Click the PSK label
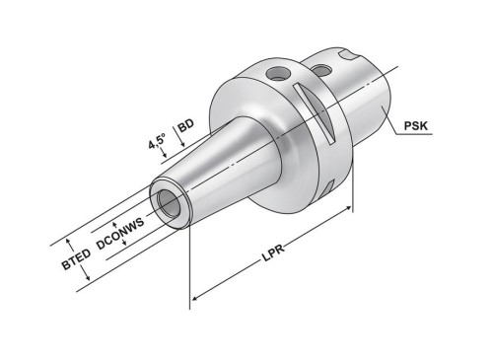point(416,125)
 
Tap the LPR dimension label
point(273,253)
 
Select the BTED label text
point(76,259)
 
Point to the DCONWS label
point(120,234)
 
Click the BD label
point(185,125)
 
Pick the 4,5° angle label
point(157,141)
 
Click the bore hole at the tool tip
point(169,203)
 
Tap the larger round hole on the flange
point(278,73)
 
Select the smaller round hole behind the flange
point(321,70)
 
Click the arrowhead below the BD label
point(182,144)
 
